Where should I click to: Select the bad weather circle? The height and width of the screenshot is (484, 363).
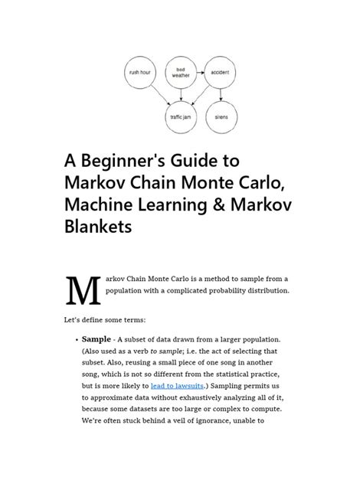coord(181,74)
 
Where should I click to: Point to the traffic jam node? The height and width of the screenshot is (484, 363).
coord(181,116)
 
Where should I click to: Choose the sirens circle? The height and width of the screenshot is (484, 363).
coord(221,116)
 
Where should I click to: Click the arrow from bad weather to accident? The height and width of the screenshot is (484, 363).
coord(201,74)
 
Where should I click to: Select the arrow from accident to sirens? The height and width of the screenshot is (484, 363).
coord(221,95)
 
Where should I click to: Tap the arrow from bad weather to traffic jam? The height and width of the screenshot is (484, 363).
coord(181,95)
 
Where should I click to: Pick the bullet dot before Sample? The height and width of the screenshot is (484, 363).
coord(74,338)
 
